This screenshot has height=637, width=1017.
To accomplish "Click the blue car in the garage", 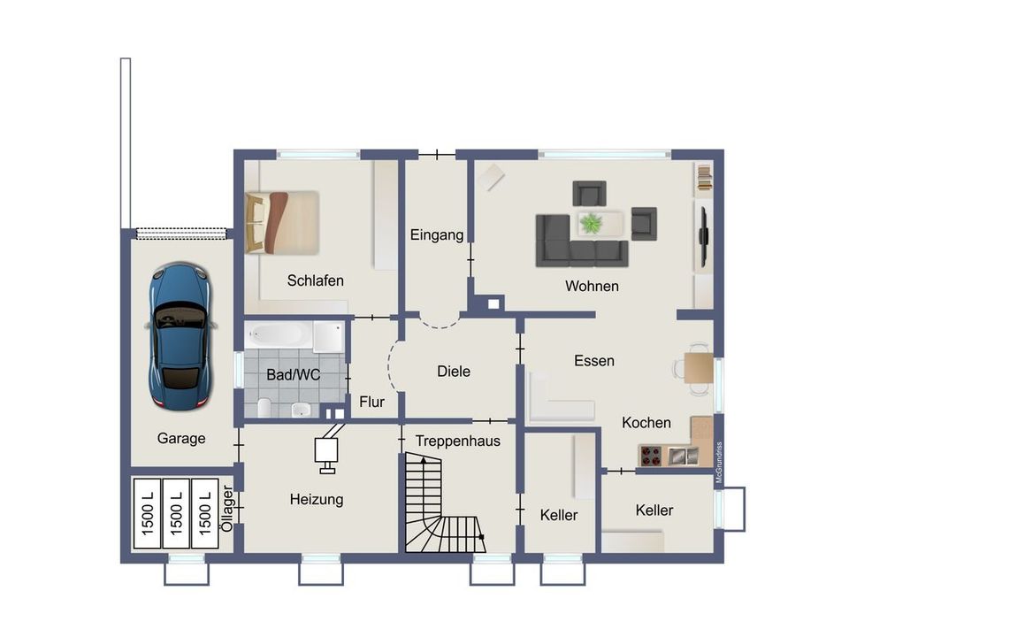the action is click(x=180, y=336).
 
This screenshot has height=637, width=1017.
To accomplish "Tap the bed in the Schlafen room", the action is click(x=282, y=222).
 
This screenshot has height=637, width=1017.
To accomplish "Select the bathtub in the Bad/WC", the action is click(x=279, y=334).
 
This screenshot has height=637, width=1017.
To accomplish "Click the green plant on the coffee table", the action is click(x=592, y=223).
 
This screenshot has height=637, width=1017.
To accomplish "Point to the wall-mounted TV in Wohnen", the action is click(x=703, y=235).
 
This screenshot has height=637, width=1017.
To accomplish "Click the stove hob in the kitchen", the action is click(x=651, y=456).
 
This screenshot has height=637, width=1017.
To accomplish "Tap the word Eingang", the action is click(x=437, y=234).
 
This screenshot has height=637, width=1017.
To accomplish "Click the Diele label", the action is click(x=454, y=371).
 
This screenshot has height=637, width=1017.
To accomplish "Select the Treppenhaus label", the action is click(x=458, y=441).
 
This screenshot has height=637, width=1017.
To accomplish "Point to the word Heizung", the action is click(x=317, y=500).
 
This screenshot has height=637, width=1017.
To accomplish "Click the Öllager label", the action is click(x=227, y=509).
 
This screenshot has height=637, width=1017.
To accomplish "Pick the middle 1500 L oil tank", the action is click(x=176, y=512).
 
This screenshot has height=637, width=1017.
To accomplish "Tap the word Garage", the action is click(x=181, y=439).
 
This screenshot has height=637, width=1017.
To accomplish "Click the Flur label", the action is click(x=371, y=403).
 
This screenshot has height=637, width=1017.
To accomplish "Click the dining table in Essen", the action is click(x=699, y=368).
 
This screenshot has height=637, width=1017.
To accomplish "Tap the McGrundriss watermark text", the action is click(x=719, y=463).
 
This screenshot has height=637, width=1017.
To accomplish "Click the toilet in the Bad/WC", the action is click(x=264, y=407).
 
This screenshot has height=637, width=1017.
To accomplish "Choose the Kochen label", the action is click(x=646, y=423).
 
